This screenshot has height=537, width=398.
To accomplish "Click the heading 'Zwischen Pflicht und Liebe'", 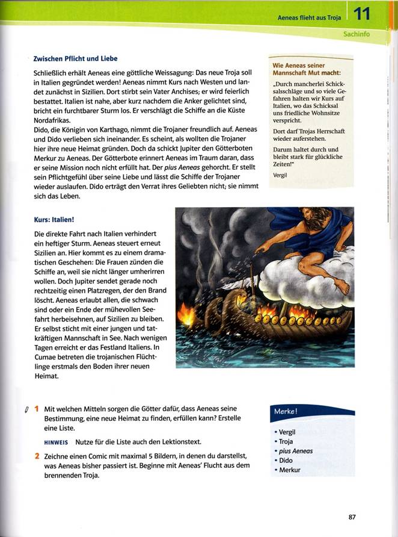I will point(75,58).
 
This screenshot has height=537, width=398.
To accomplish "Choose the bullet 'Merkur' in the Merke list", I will point(289,470).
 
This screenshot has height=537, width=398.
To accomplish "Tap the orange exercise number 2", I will point(36,457).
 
